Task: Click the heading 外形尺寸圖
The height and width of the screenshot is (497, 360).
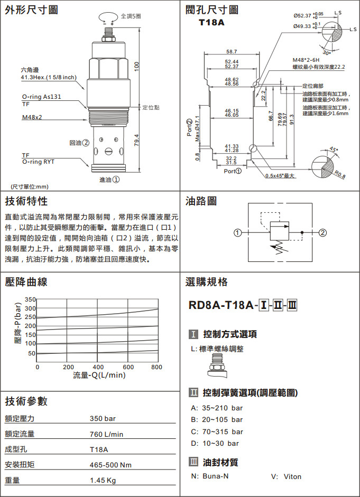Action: coord(32,10)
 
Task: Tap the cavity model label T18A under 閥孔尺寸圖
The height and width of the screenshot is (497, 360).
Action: coord(211,23)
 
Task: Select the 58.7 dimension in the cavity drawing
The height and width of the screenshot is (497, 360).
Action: coord(232,52)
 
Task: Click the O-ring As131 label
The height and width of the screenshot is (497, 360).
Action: coord(41,97)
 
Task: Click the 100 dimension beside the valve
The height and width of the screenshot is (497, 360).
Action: coord(136,67)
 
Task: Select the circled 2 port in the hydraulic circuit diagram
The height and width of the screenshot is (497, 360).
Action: coord(323,232)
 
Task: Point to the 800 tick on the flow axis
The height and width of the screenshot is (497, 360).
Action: coord(157,367)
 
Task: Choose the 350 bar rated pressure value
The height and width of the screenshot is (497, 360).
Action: coord(103,419)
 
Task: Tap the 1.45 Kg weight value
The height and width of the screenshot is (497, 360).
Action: coord(103,481)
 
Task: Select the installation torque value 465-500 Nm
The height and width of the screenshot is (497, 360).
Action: coord(110,465)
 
